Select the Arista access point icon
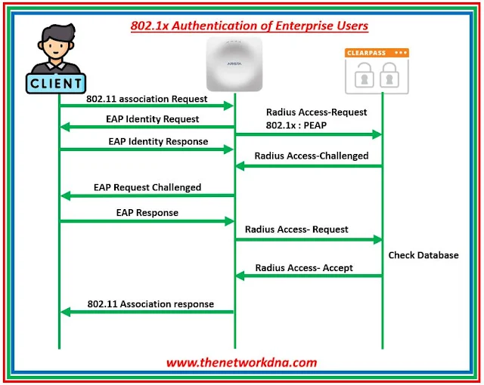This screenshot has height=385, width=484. click(x=234, y=64)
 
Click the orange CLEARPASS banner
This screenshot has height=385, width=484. click(x=377, y=54)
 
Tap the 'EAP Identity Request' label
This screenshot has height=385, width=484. click(x=153, y=119)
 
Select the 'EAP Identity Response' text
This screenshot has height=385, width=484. click(x=157, y=141)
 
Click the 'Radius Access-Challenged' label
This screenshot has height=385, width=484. click(x=312, y=156)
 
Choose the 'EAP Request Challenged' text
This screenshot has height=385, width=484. click(x=147, y=186)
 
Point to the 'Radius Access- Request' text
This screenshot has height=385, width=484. click(x=297, y=229)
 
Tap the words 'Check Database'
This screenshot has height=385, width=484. click(x=423, y=255)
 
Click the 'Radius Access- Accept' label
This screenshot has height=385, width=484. click(x=304, y=267)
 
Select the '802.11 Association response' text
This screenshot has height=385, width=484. click(x=150, y=303)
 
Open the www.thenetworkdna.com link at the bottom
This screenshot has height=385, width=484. click(x=242, y=362)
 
